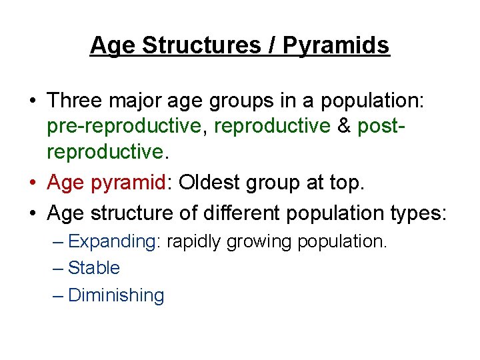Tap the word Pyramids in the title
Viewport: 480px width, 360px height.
pos(337,45)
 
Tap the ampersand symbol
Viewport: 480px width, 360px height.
pos(344,125)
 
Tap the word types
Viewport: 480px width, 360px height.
pos(419,213)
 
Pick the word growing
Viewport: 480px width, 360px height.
pos(259,241)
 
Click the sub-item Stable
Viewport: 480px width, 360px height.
pos(94,268)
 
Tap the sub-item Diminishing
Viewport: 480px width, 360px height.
pos(116,295)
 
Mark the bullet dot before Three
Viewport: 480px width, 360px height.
pos(33,101)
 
